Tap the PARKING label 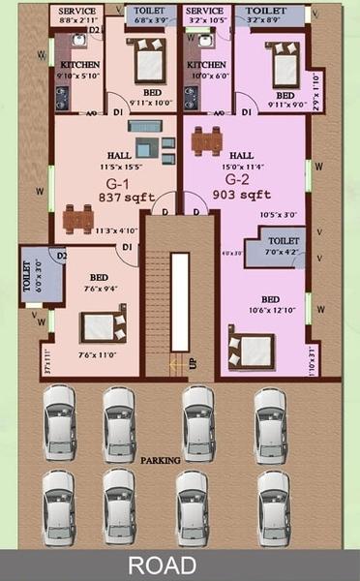tap(160, 460)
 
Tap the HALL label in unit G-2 tap(241, 154)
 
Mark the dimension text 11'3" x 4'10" tap(115, 230)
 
